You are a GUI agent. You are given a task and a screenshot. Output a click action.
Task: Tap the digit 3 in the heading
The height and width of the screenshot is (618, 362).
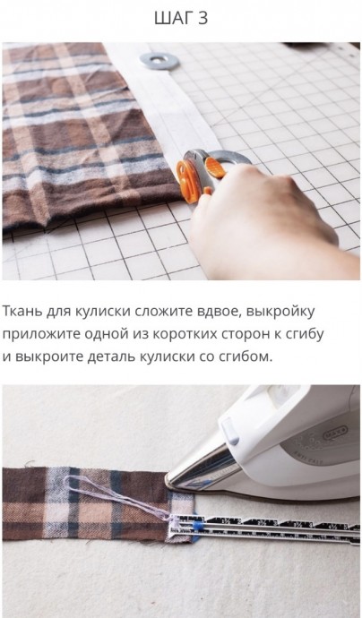click(203, 18)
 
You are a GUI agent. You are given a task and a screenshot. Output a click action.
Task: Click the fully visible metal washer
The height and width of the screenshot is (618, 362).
click(159, 61)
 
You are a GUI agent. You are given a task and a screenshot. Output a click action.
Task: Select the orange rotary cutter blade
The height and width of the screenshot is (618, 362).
click(186, 181)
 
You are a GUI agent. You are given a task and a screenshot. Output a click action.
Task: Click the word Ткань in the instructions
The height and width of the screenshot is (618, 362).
click(22, 312)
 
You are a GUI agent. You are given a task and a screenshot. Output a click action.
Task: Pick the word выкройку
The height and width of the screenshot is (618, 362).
click(280, 313)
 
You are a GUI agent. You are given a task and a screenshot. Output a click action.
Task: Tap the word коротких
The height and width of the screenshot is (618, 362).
click(185, 334)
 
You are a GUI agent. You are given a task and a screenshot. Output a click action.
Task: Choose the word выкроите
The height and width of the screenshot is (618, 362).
click(49, 357)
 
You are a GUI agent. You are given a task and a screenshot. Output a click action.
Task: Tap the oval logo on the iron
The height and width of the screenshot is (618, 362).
click(335, 433)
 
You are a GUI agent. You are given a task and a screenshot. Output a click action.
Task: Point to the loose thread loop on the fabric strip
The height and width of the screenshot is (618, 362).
click(118, 497)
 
